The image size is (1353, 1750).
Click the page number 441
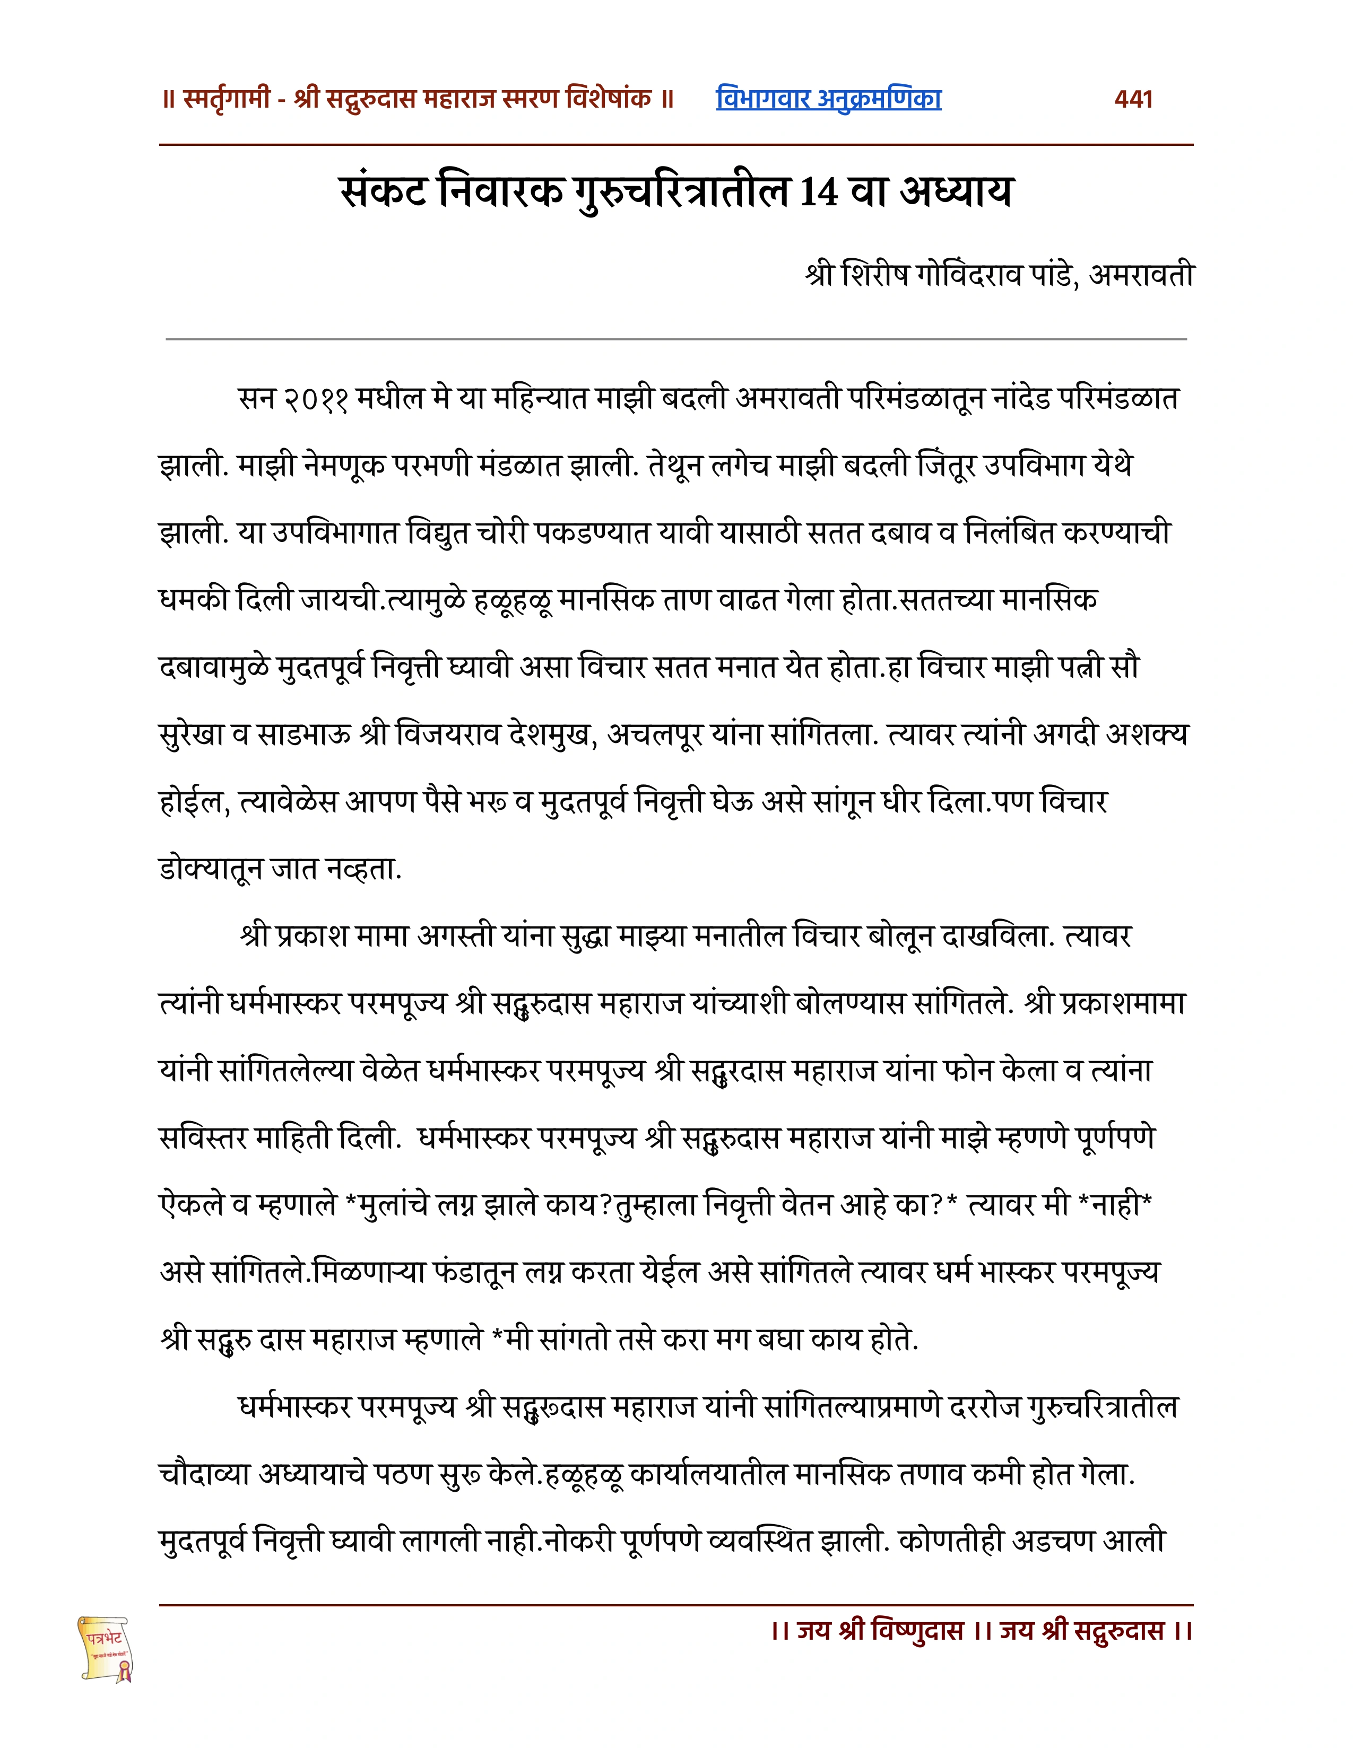pyautogui.click(x=1133, y=99)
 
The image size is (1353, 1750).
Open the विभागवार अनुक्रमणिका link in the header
pyautogui.click(x=828, y=99)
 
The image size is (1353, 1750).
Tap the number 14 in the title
pyautogui.click(x=818, y=192)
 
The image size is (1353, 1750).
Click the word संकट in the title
pyautogui.click(x=383, y=192)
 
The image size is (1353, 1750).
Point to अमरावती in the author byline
pyautogui.click(x=1141, y=275)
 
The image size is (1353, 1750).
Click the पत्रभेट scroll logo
pyautogui.click(x=105, y=1648)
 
